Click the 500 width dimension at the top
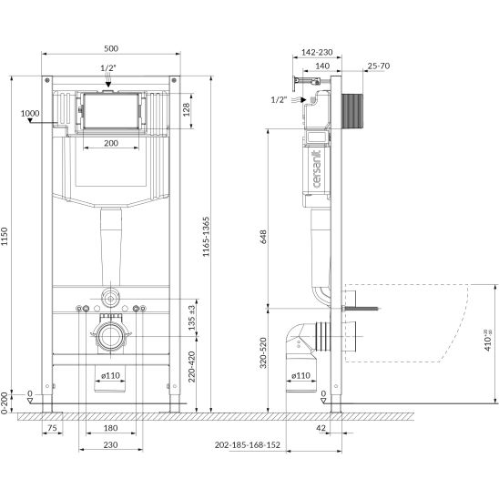[x=111, y=48]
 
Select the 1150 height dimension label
[x=5, y=237]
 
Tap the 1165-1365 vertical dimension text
[x=206, y=237]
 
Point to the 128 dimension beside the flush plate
[x=187, y=109]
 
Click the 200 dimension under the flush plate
[x=111, y=143]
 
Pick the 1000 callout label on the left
[x=30, y=113]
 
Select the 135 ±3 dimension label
[x=191, y=318]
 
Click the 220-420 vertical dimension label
[x=191, y=366]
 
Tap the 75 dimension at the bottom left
[x=52, y=428]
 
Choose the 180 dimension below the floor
[x=110, y=428]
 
